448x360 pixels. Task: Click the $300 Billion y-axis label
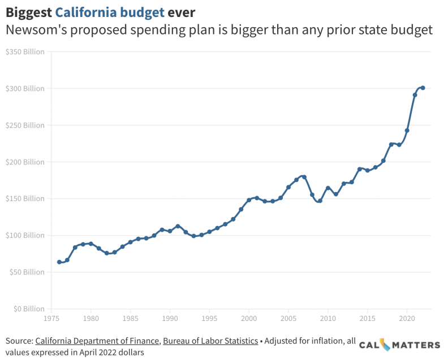click(25, 89)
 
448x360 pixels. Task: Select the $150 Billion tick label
click(25, 198)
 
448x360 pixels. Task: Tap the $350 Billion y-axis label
click(25, 52)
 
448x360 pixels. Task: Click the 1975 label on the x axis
click(51, 319)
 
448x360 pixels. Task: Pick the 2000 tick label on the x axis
click(249, 319)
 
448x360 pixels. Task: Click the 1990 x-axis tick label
click(170, 319)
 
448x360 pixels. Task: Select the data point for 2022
click(423, 88)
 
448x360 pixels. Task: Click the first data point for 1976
click(59, 262)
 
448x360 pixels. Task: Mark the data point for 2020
click(407, 131)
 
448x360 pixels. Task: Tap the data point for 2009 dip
click(320, 201)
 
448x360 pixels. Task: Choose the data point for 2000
click(249, 200)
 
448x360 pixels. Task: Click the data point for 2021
click(415, 95)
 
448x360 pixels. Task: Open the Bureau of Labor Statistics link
click(210, 341)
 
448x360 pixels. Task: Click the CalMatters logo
click(399, 345)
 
